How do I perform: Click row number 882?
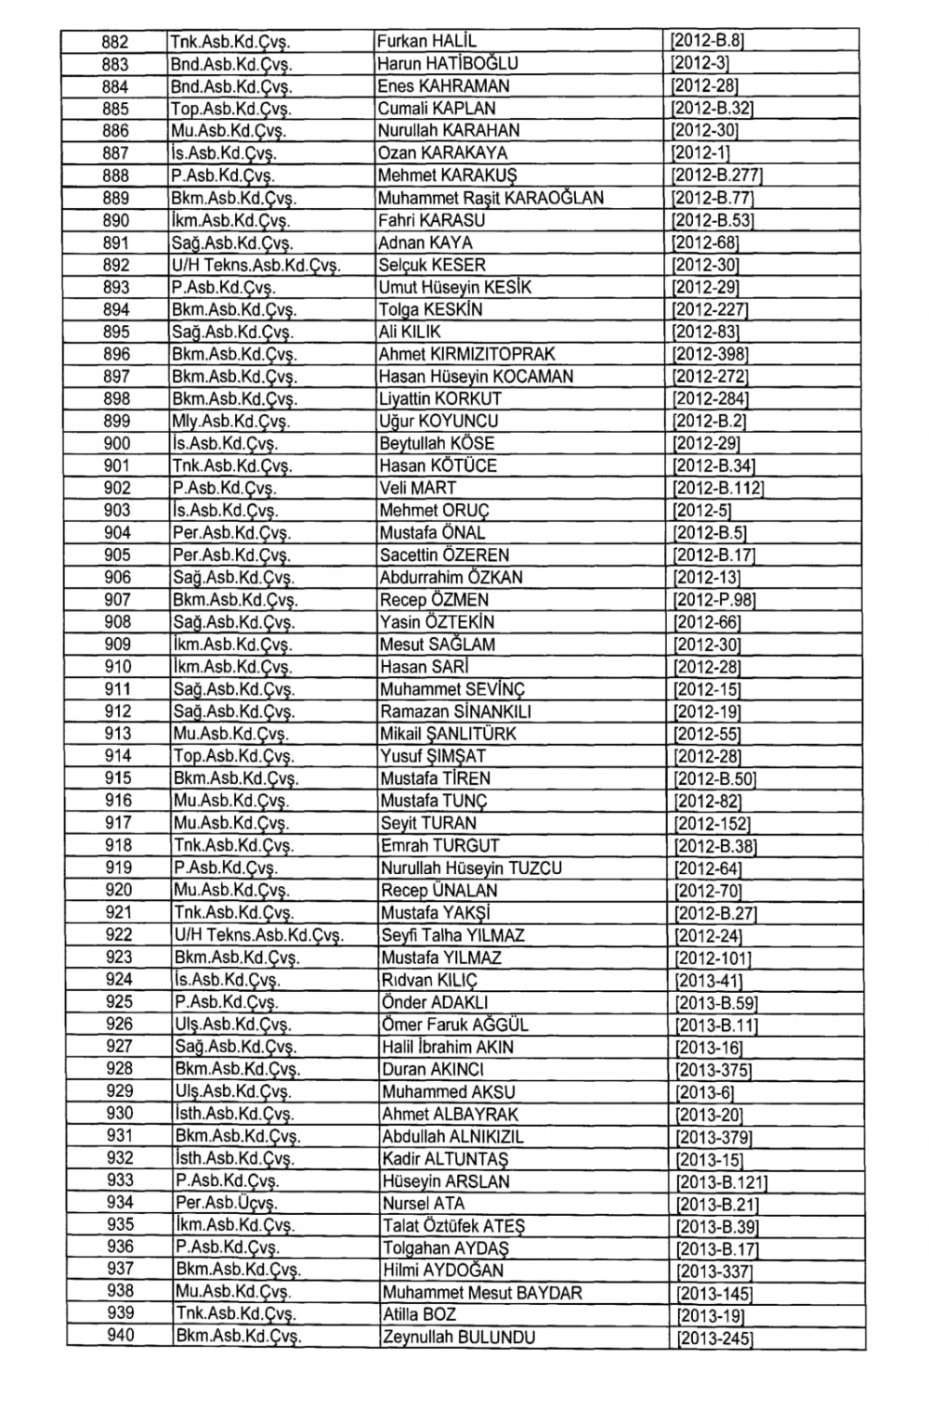tap(115, 42)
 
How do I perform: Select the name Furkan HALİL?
tap(427, 42)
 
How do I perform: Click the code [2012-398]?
tap(709, 354)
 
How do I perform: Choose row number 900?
tap(117, 443)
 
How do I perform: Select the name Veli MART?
tap(418, 488)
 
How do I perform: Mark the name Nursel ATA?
tap(418, 1204)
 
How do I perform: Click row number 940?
tap(121, 1336)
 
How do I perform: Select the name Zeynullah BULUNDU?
tap(459, 1337)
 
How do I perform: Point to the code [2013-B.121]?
tap(722, 1182)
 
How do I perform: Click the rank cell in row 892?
tap(256, 265)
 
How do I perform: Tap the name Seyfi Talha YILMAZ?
tap(453, 935)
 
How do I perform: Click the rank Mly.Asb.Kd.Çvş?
tap(230, 421)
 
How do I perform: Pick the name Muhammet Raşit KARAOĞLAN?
tap(491, 198)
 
